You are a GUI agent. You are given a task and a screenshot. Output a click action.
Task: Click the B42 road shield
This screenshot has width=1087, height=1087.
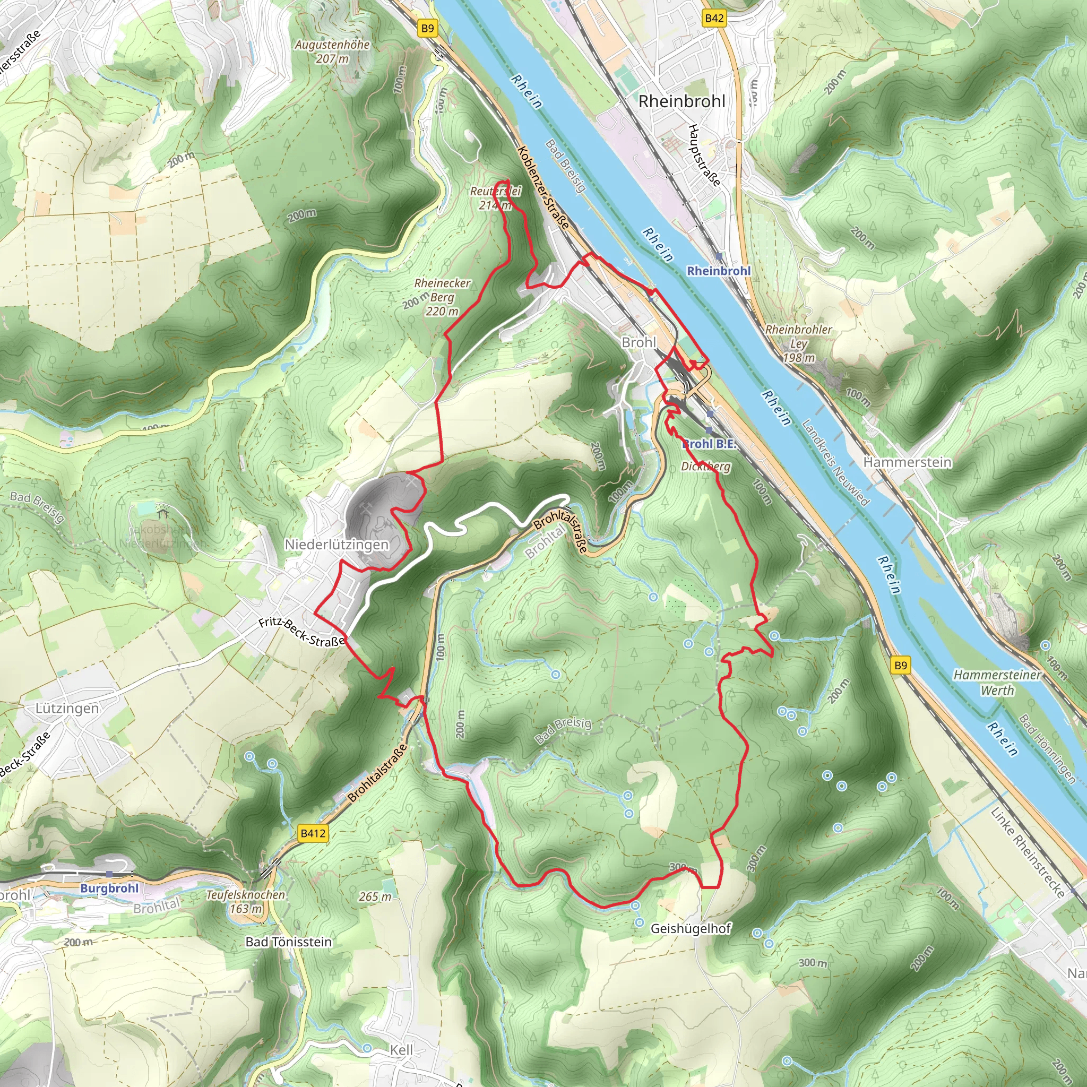tap(714, 18)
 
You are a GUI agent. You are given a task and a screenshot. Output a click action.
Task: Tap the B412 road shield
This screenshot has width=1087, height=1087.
tap(313, 833)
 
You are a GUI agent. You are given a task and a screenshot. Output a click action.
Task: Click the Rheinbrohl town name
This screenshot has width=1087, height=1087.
tap(681, 101)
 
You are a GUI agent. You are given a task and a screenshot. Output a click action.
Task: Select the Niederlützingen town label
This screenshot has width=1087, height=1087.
tap(337, 544)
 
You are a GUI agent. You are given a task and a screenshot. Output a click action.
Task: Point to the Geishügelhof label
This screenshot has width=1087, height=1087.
tap(691, 928)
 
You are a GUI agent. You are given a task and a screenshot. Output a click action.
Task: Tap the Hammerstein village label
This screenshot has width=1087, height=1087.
tap(907, 462)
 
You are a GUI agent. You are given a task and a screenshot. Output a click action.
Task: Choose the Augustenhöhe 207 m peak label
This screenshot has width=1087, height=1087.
tap(332, 51)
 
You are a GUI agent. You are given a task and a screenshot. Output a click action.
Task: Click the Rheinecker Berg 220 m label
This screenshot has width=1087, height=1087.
tap(442, 297)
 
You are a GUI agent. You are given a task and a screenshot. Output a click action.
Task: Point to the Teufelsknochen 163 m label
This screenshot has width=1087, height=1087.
tap(246, 901)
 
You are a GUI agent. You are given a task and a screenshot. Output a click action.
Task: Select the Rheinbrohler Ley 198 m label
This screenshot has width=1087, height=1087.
tap(798, 343)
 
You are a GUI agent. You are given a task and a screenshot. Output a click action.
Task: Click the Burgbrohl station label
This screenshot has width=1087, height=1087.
tap(109, 888)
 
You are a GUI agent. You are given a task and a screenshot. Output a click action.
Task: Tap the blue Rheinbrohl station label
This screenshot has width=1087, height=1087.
tap(719, 271)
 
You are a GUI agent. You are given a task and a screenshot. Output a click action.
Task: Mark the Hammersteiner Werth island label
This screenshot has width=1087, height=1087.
tap(997, 682)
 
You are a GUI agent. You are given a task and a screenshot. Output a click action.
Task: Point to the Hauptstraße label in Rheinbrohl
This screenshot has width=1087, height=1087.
tap(704, 156)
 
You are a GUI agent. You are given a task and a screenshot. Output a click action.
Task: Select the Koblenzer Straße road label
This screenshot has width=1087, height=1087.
tap(543, 187)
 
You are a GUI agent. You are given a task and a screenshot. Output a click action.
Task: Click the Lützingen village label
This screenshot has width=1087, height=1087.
tap(67, 708)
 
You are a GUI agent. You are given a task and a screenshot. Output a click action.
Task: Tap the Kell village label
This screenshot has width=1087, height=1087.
tap(402, 1050)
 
